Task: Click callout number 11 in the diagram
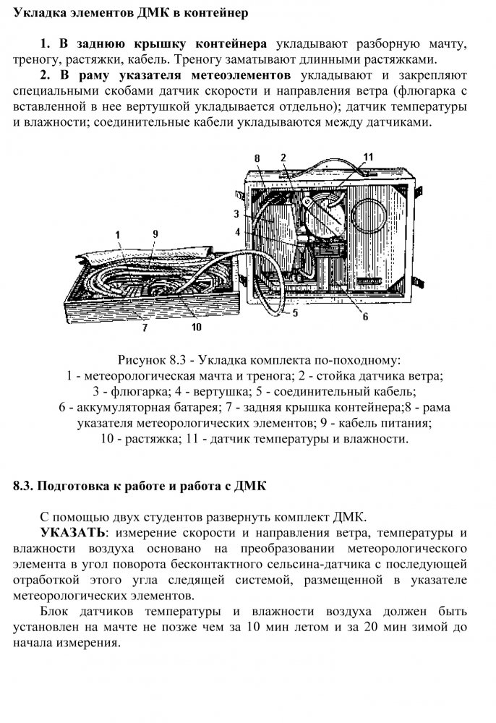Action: point(368,157)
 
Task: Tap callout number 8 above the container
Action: point(257,158)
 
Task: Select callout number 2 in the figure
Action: point(283,158)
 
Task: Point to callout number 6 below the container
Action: point(365,316)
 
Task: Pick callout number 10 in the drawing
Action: point(196,326)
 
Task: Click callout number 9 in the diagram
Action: point(155,234)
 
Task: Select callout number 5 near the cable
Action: point(295,314)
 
